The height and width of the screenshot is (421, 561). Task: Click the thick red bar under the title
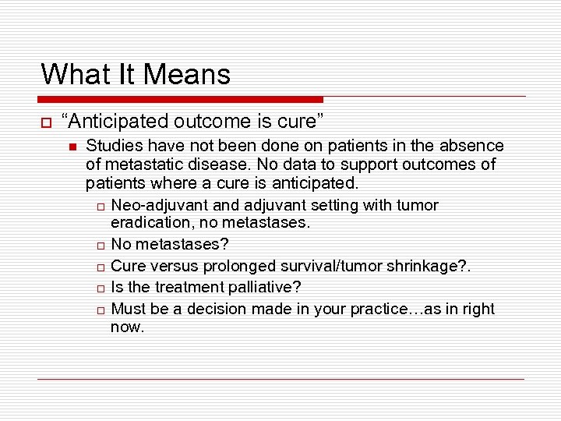tap(181, 100)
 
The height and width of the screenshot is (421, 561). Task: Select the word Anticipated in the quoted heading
tap(113, 122)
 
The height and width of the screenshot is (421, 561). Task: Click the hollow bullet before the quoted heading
tap(45, 122)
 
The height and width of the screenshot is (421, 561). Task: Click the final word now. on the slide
tap(128, 327)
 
